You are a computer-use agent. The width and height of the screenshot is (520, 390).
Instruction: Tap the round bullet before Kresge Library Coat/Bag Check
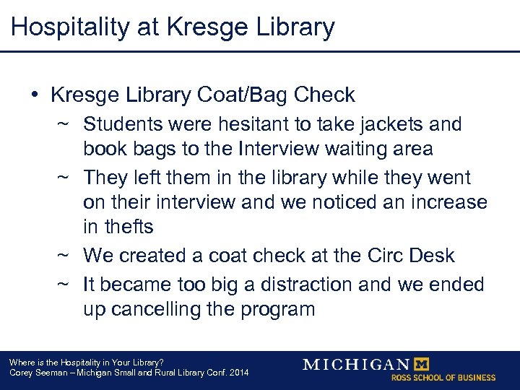tap(35, 95)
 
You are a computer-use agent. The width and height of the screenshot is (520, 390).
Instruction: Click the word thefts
tap(129, 227)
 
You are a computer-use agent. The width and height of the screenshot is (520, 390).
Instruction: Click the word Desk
tap(430, 256)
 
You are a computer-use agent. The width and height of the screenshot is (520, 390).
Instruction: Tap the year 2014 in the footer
tap(237, 373)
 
